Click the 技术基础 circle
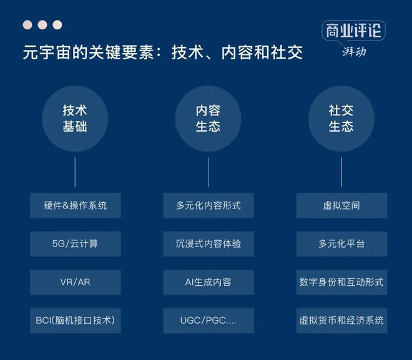[x=75, y=119]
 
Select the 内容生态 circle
[x=208, y=119]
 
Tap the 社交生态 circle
[x=341, y=119]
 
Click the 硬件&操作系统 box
[x=76, y=206]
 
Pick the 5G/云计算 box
[x=76, y=244]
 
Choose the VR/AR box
[x=76, y=282]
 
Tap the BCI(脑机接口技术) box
[x=76, y=321]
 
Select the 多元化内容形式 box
[x=208, y=206]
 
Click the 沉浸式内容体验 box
[x=208, y=244]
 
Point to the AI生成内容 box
[x=208, y=282]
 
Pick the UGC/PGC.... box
[x=208, y=321]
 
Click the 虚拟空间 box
[x=341, y=206]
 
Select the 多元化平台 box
[x=341, y=244]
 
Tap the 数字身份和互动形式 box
[x=341, y=282]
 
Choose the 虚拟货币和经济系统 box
[x=341, y=321]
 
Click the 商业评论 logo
[x=354, y=38]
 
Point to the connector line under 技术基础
[x=75, y=172]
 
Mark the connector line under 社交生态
[x=341, y=172]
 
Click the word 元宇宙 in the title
[x=47, y=52]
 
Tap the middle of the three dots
[x=42, y=25]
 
